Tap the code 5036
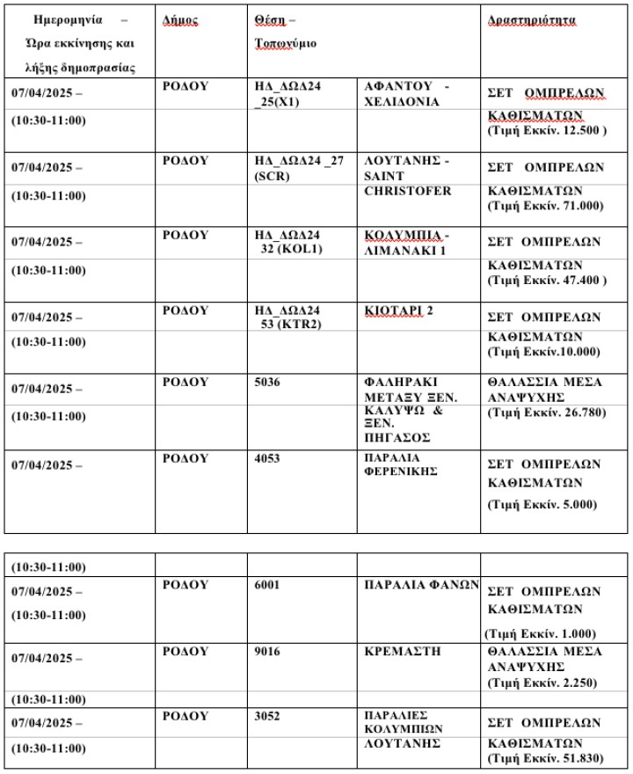[x=266, y=383]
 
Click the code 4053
[x=266, y=458]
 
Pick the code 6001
[x=266, y=584]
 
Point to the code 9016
[x=266, y=651]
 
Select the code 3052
[x=266, y=716]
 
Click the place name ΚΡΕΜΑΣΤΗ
[x=401, y=651]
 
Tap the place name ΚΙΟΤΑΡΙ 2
[x=398, y=310]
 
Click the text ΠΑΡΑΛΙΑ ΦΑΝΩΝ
[x=420, y=584]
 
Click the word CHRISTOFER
[x=407, y=191]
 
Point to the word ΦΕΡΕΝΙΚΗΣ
[x=401, y=471]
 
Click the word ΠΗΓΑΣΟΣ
[x=397, y=437]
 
